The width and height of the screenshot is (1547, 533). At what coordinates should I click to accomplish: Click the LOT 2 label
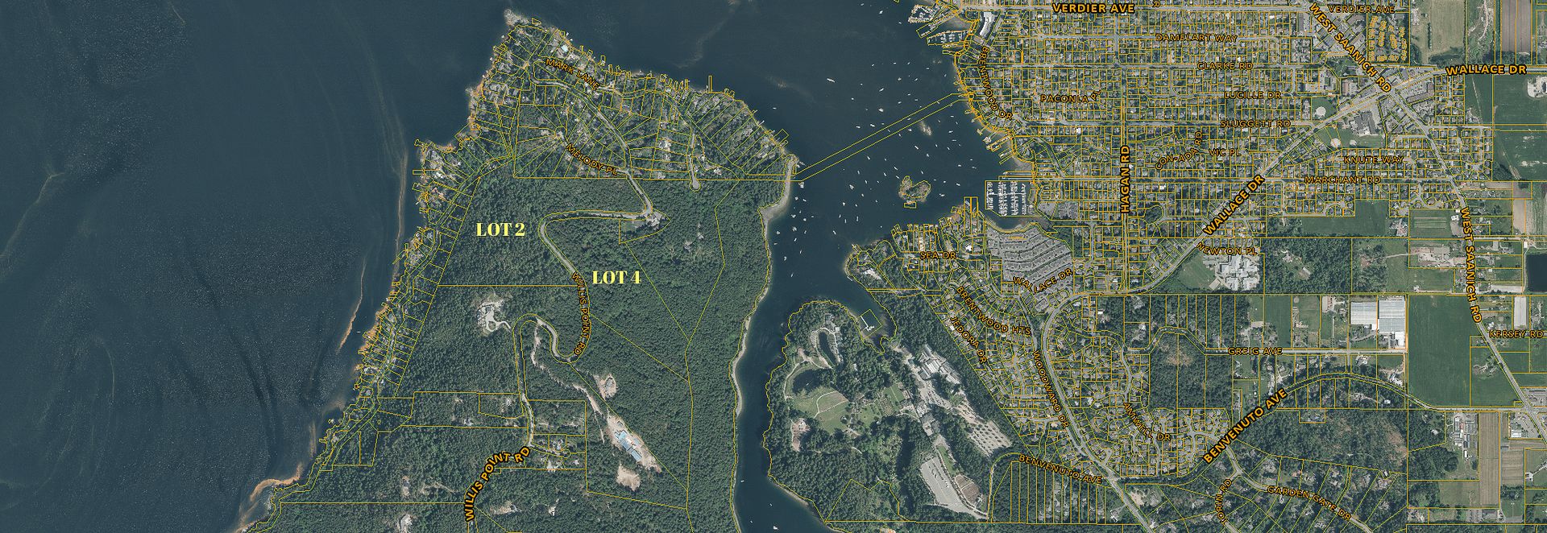pyautogui.click(x=500, y=229)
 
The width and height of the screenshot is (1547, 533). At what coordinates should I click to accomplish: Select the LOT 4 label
pyautogui.click(x=616, y=278)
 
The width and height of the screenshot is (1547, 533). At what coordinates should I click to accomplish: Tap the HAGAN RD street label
pyautogui.click(x=1125, y=179)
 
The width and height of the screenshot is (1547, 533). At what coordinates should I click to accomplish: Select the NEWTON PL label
pyautogui.click(x=1228, y=251)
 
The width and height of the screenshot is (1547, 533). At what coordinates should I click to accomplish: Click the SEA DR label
pyautogui.click(x=937, y=254)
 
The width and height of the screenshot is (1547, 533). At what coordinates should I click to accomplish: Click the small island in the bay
pyautogui.click(x=915, y=190)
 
